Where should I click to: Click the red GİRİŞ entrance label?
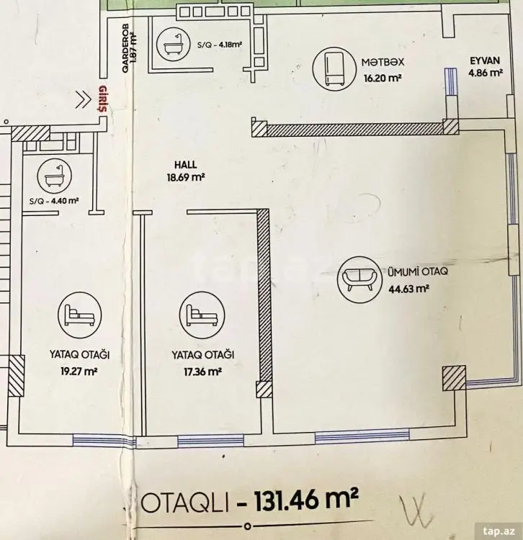(102, 99)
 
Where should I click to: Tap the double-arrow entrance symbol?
(84, 100)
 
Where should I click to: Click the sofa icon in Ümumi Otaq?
(360, 278)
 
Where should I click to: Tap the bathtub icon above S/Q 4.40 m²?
(55, 176)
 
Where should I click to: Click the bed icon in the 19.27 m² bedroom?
(79, 315)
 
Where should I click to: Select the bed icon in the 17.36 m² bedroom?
(202, 315)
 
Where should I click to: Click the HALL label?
(186, 165)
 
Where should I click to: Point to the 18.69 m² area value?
(186, 178)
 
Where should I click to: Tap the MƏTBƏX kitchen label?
(383, 63)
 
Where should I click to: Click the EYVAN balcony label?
(485, 60)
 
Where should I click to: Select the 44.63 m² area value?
(408, 289)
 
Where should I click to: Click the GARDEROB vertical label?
(125, 48)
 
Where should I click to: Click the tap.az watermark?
(499, 531)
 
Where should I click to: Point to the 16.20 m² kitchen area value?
(383, 78)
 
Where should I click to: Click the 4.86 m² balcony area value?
(486, 73)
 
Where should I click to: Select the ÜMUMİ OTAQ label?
(418, 271)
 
